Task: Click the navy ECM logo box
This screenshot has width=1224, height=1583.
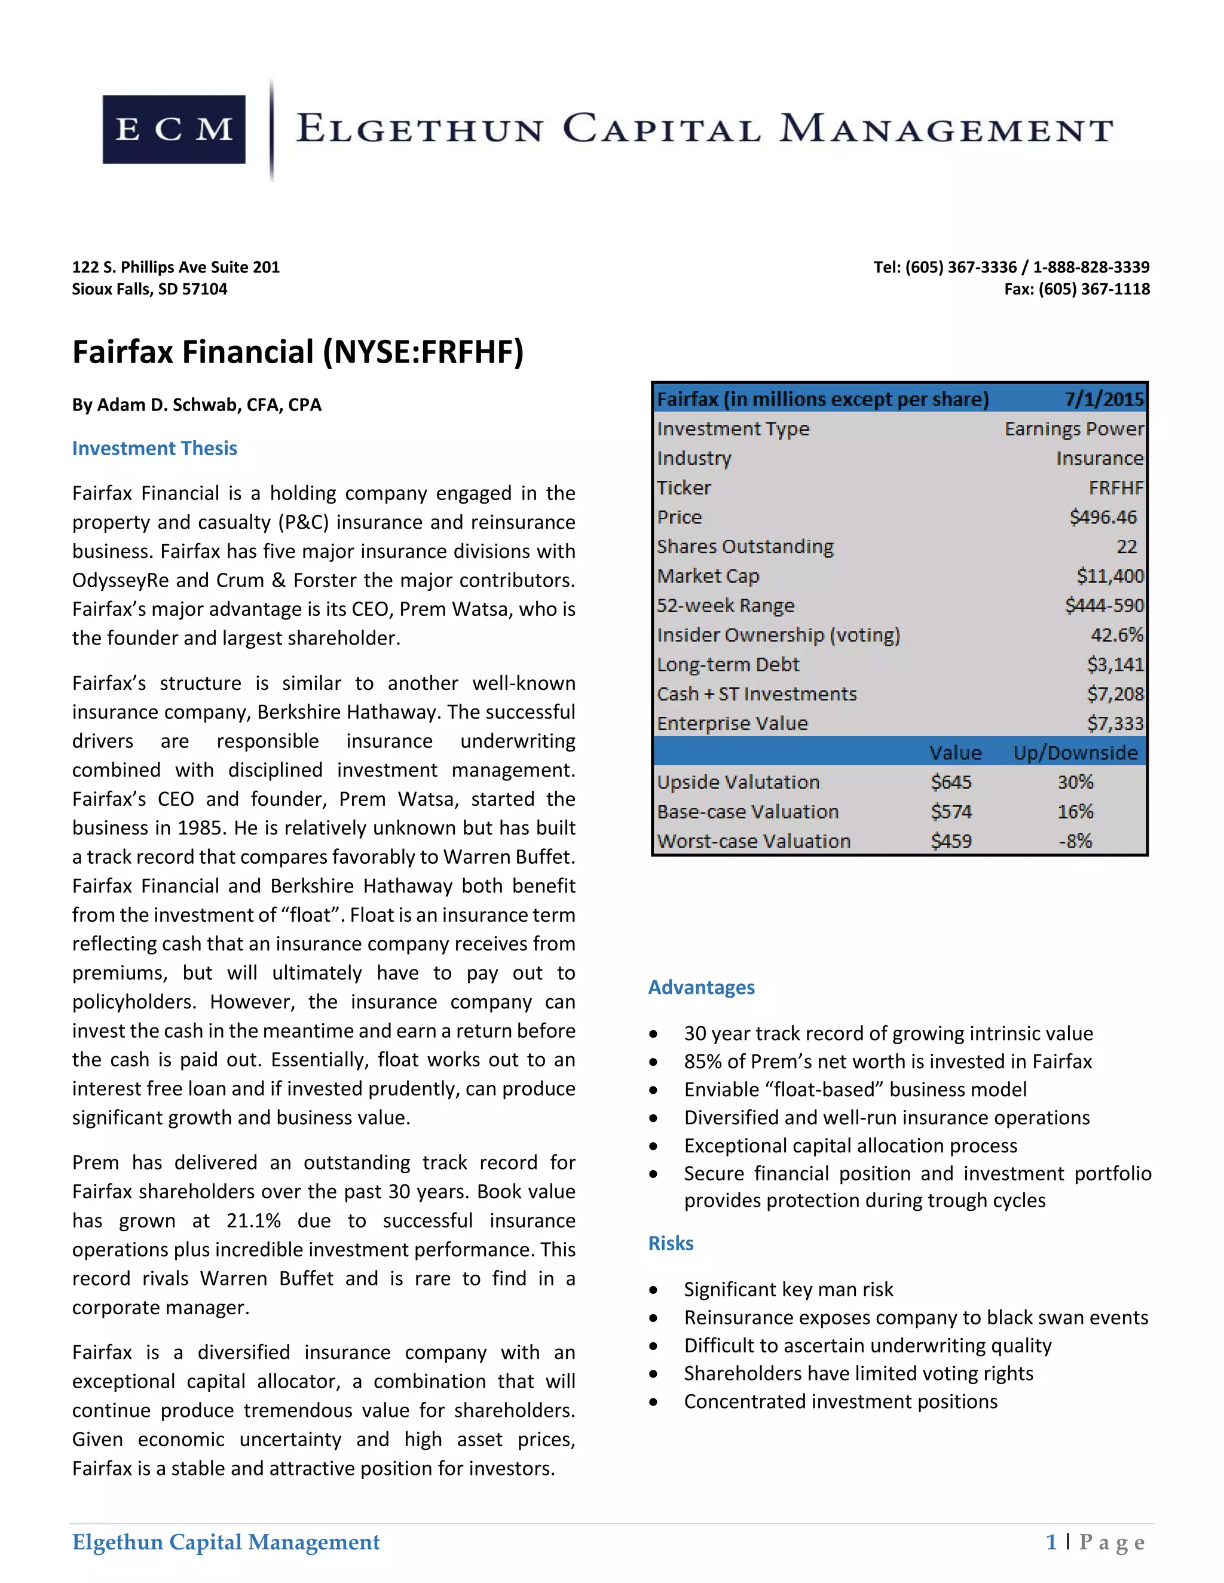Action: click(x=174, y=130)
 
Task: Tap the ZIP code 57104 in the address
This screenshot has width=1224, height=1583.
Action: click(x=204, y=289)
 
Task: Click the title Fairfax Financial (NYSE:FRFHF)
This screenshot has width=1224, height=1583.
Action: click(x=297, y=352)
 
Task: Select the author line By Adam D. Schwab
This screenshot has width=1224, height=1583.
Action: click(x=197, y=404)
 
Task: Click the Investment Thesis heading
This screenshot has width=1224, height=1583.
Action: click(x=154, y=449)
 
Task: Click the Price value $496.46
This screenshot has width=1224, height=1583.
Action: click(x=1103, y=517)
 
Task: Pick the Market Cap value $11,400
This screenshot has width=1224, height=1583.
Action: click(x=1109, y=576)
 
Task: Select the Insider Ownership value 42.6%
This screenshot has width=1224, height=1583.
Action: click(x=1116, y=636)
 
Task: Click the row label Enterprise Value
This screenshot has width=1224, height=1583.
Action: click(x=732, y=723)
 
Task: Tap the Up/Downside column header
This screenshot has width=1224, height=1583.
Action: click(x=1075, y=753)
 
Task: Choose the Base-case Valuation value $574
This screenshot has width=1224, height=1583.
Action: click(x=951, y=812)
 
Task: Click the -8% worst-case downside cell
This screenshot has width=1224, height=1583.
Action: click(x=1075, y=842)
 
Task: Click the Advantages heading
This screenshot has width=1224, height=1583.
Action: click(x=701, y=987)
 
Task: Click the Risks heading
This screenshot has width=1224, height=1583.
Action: click(x=671, y=1243)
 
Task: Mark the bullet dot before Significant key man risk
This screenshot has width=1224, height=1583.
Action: click(x=653, y=1290)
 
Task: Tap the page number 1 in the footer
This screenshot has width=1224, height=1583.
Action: click(x=1051, y=1542)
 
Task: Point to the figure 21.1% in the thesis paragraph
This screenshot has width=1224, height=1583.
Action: click(x=253, y=1220)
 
